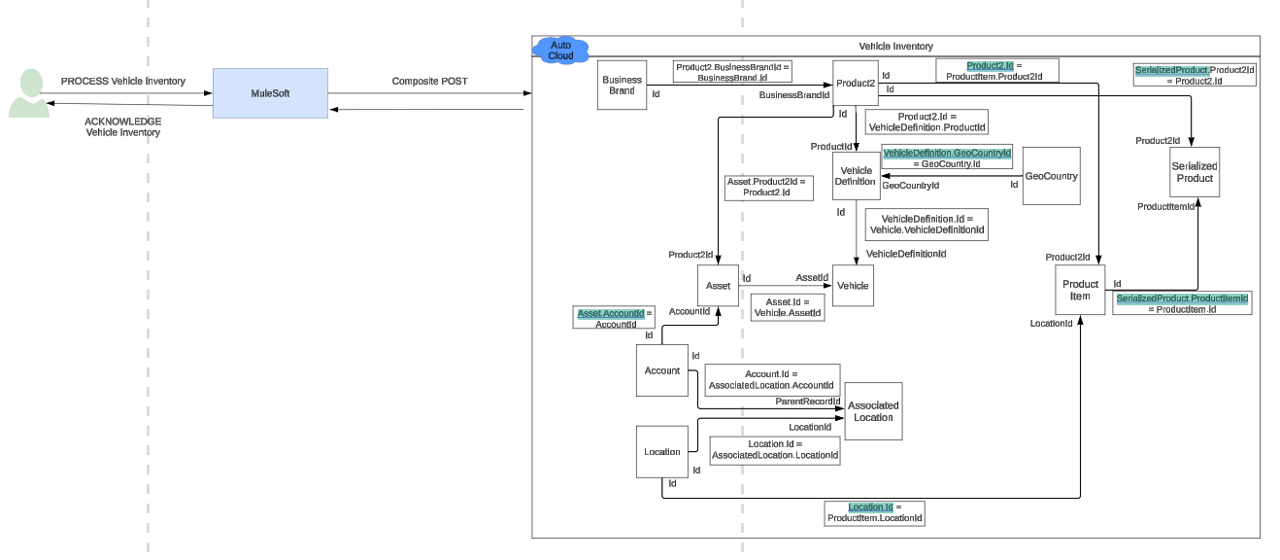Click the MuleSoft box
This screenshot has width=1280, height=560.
(x=270, y=93)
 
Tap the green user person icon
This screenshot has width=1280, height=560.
(x=29, y=94)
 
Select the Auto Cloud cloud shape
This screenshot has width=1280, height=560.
(x=561, y=50)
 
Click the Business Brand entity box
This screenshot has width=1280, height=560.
(x=622, y=86)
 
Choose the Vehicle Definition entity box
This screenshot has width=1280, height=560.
(x=856, y=176)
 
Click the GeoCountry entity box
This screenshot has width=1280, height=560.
(x=1052, y=176)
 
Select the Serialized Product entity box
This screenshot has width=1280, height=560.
(x=1195, y=172)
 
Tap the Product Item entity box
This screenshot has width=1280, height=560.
(x=1080, y=290)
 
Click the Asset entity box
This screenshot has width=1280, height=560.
(x=718, y=286)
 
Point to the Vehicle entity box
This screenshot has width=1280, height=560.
(x=853, y=286)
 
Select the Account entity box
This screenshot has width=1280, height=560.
(x=662, y=370)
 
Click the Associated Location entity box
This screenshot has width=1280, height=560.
(x=873, y=411)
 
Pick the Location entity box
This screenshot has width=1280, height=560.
(x=662, y=452)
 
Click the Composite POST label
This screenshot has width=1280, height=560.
(x=429, y=82)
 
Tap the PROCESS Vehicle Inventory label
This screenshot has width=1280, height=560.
(x=122, y=82)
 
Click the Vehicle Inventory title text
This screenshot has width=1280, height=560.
(x=895, y=46)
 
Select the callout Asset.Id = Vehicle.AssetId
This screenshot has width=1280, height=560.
(x=787, y=308)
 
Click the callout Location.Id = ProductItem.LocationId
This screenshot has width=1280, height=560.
(x=874, y=513)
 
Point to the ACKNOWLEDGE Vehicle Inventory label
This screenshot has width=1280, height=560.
(x=122, y=126)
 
